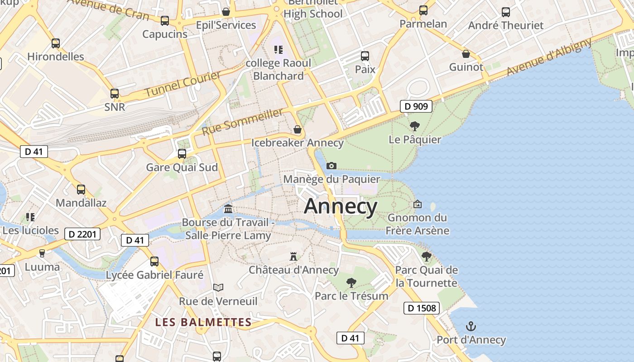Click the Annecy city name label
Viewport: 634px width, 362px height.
341,207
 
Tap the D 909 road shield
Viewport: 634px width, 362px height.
416,107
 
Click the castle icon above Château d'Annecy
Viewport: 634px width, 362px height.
293,257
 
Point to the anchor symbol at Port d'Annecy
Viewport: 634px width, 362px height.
471,326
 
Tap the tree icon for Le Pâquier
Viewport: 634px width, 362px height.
414,126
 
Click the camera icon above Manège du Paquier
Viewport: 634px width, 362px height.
331,166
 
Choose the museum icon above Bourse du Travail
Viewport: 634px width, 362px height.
228,209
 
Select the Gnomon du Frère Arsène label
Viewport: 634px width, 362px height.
418,224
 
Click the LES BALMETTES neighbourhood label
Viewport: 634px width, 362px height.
203,322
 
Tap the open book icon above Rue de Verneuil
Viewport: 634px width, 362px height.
218,287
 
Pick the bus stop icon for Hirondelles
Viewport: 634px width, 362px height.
55,43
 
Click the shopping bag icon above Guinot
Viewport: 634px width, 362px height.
466,54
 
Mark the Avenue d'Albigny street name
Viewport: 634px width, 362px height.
549,57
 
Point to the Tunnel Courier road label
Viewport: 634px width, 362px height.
183,84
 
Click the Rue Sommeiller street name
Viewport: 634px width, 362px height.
243,121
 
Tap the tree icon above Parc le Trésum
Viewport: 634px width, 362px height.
351,283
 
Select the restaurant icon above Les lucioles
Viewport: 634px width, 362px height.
30,217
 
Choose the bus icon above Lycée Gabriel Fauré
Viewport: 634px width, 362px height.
154,261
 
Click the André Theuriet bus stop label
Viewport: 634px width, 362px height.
505,25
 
